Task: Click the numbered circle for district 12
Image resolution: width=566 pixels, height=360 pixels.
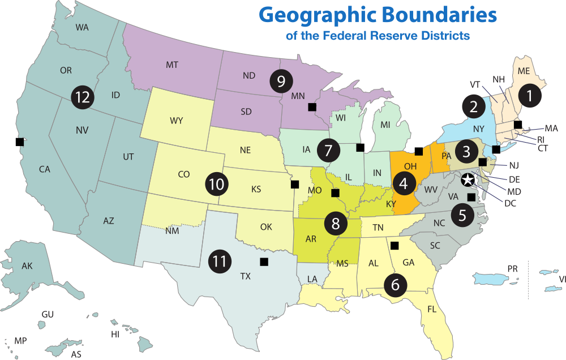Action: pyautogui.click(x=83, y=97)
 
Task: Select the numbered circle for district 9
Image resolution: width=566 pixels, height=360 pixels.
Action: pyautogui.click(x=281, y=81)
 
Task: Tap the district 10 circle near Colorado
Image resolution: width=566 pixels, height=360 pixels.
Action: pyautogui.click(x=216, y=184)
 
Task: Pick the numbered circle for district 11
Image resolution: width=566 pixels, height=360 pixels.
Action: pyautogui.click(x=219, y=261)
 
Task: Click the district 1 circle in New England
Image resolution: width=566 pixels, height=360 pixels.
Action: pyautogui.click(x=530, y=96)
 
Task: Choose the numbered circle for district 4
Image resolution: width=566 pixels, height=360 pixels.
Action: pyautogui.click(x=404, y=183)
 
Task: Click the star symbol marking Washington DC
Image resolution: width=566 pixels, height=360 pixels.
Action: pyautogui.click(x=468, y=181)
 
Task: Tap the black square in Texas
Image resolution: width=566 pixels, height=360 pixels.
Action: pyautogui.click(x=264, y=262)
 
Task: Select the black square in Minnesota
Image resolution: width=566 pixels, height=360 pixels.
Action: pyautogui.click(x=311, y=106)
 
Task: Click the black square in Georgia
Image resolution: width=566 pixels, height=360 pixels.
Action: pyautogui.click(x=395, y=245)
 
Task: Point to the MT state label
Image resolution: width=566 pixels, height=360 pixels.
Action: pyautogui.click(x=172, y=65)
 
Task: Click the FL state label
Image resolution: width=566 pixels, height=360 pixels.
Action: pyautogui.click(x=432, y=310)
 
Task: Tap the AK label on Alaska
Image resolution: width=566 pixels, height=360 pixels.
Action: pyautogui.click(x=27, y=266)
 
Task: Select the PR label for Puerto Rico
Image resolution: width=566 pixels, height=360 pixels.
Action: pyautogui.click(x=513, y=268)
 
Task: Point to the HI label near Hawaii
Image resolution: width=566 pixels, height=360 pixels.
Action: pyautogui.click(x=115, y=335)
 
